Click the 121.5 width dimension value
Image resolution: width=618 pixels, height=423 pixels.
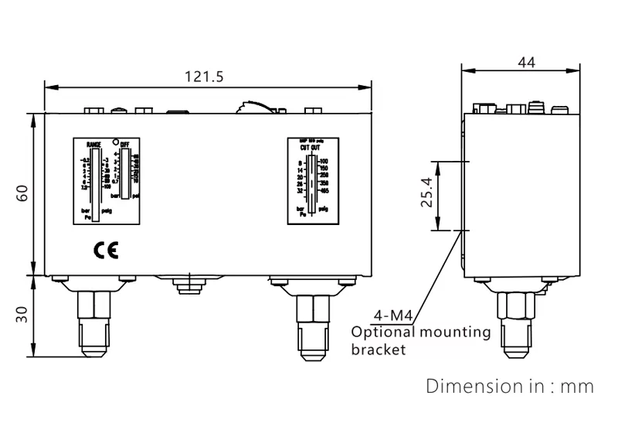pos(205,76)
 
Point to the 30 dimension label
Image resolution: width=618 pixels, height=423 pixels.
pos(23,316)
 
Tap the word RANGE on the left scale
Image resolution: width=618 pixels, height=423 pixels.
pos(94,145)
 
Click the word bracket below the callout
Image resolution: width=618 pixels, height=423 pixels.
pos(378,350)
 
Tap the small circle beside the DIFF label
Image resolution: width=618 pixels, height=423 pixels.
pos(116,143)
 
